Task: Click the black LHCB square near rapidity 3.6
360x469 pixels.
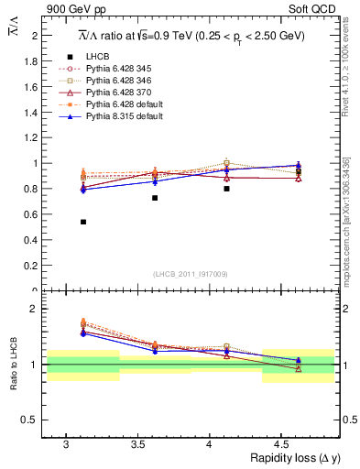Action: point(155,198)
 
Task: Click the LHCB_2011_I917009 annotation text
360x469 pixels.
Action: point(191,273)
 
